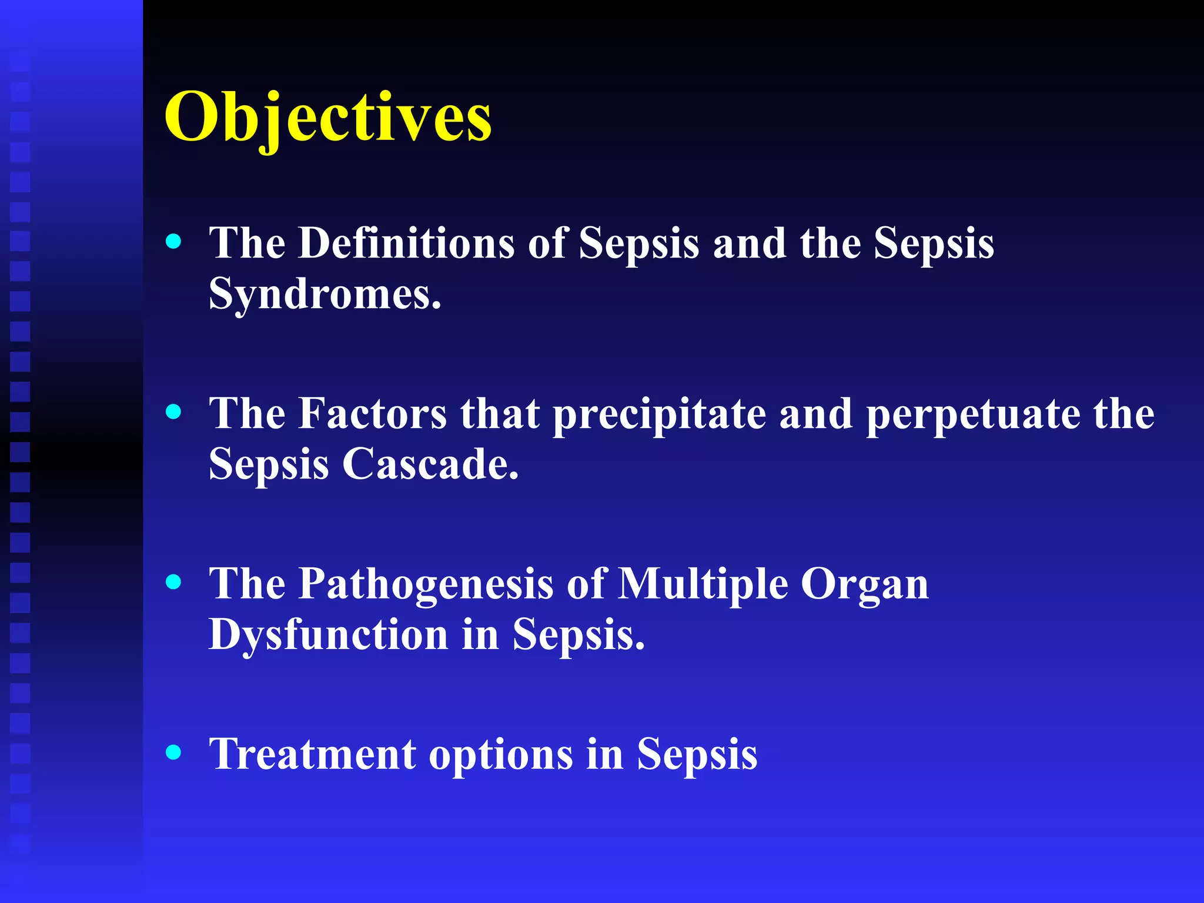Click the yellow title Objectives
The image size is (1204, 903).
[327, 118]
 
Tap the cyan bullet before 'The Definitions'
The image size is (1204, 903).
[173, 241]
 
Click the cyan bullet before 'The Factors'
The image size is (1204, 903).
[173, 412]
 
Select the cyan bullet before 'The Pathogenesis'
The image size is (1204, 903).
[173, 582]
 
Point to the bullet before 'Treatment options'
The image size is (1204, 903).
[173, 752]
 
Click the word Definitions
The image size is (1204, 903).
[406, 242]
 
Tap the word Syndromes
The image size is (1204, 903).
[324, 293]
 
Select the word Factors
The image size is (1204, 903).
[373, 413]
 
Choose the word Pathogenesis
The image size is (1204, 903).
[426, 585]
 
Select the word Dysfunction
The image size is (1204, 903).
[328, 636]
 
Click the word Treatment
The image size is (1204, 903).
[312, 754]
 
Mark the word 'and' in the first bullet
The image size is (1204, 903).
[750, 242]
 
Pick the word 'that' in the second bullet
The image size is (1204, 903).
[500, 413]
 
